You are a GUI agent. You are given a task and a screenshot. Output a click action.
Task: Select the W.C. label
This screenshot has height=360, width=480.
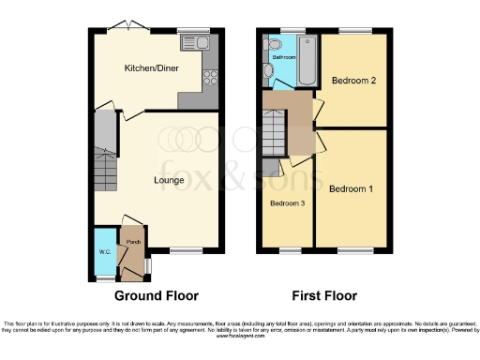click(104, 251)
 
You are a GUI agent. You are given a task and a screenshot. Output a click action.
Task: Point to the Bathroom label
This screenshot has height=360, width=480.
click(284, 57)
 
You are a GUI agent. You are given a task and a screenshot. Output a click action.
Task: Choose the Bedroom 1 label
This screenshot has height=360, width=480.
click(352, 188)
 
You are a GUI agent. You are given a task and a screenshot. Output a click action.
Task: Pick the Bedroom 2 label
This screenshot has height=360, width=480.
click(354, 82)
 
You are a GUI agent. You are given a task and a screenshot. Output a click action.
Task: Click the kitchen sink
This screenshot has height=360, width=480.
click(197, 42)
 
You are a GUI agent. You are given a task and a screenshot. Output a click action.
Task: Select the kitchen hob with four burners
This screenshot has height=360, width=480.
click(210, 79)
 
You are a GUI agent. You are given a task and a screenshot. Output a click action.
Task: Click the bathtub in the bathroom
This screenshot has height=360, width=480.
click(308, 59)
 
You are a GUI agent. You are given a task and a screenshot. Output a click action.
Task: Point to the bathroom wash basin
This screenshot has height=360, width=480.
click(269, 69)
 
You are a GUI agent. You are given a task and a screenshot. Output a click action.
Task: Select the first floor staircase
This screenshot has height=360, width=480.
click(275, 123)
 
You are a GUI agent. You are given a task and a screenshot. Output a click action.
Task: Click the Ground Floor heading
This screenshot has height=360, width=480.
click(157, 295)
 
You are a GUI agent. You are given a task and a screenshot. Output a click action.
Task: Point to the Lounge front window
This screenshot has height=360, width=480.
click(187, 250)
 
